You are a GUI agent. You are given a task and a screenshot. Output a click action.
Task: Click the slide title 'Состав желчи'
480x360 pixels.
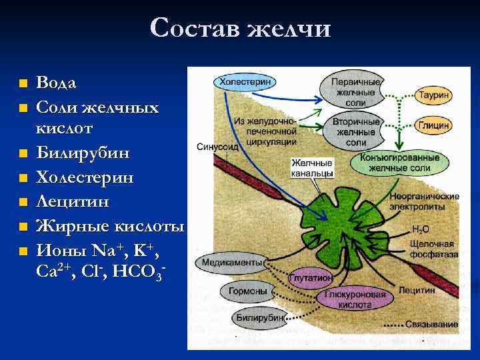coord(240,28)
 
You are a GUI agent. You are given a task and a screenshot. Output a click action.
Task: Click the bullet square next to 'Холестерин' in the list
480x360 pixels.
coord(23,178)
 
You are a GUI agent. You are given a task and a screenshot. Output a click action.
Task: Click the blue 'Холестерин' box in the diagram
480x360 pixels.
coord(244,81)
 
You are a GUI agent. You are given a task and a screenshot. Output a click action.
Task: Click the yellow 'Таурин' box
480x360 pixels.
coord(433,95)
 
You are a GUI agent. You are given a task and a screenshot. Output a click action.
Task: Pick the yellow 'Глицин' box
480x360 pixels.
coord(433,125)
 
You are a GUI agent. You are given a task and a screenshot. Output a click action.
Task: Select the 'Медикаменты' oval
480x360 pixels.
coord(225,262)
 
